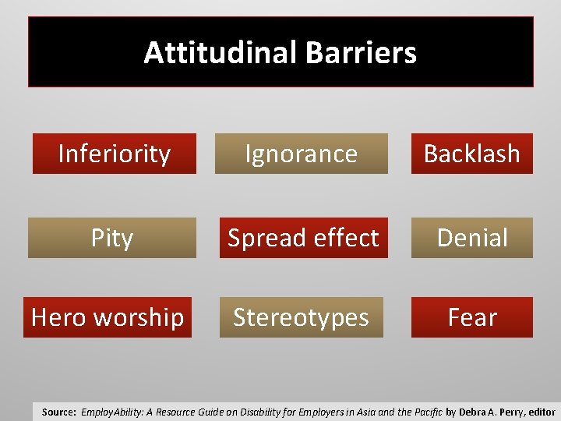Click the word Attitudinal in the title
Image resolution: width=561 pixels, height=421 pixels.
[221, 53]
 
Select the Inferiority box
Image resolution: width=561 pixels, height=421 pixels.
[114, 154]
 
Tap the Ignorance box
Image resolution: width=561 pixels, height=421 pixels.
[302, 154]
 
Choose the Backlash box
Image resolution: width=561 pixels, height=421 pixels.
[471, 154]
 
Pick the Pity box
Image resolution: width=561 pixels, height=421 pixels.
[112, 238]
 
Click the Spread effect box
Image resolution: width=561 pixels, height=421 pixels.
[303, 238]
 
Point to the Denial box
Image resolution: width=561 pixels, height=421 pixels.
[472, 238]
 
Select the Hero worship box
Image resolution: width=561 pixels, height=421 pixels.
[108, 317]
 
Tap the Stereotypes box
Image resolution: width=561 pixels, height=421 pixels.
[302, 317]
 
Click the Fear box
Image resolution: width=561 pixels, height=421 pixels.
[472, 317]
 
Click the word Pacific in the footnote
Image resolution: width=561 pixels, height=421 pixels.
[425, 412]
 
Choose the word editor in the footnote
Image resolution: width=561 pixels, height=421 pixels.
[540, 412]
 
